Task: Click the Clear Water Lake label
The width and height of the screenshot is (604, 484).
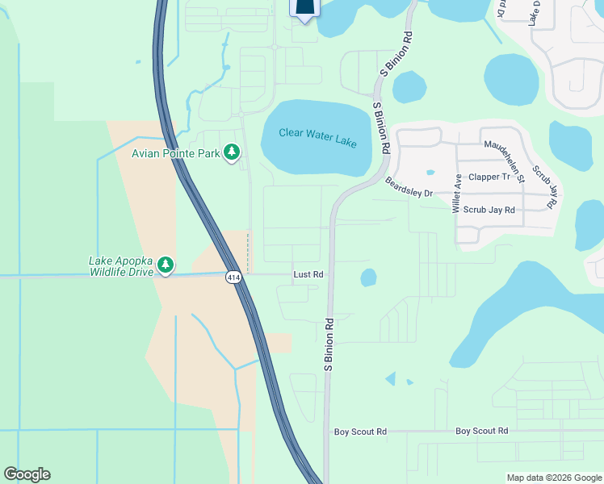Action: coord(317,138)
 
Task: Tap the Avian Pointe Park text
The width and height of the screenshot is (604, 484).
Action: coord(177,152)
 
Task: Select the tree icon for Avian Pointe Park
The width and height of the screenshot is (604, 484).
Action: coord(232,152)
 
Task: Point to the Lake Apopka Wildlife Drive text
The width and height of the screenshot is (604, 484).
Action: coord(121,266)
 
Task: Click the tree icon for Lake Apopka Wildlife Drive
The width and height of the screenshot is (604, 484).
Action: coord(166,265)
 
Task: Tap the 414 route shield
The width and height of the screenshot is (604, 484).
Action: coord(233,277)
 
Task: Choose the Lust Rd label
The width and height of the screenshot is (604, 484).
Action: coord(308,275)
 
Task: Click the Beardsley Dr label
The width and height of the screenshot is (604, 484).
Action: coord(409,187)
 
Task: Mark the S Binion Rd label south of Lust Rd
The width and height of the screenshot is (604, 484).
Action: coord(329,344)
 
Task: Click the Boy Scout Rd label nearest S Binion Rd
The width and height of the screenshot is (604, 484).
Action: coord(360,432)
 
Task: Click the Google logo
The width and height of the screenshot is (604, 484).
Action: coord(27,474)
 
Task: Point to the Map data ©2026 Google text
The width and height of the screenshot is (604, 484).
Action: coord(553,478)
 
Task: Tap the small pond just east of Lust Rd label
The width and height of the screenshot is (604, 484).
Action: coord(368,277)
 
